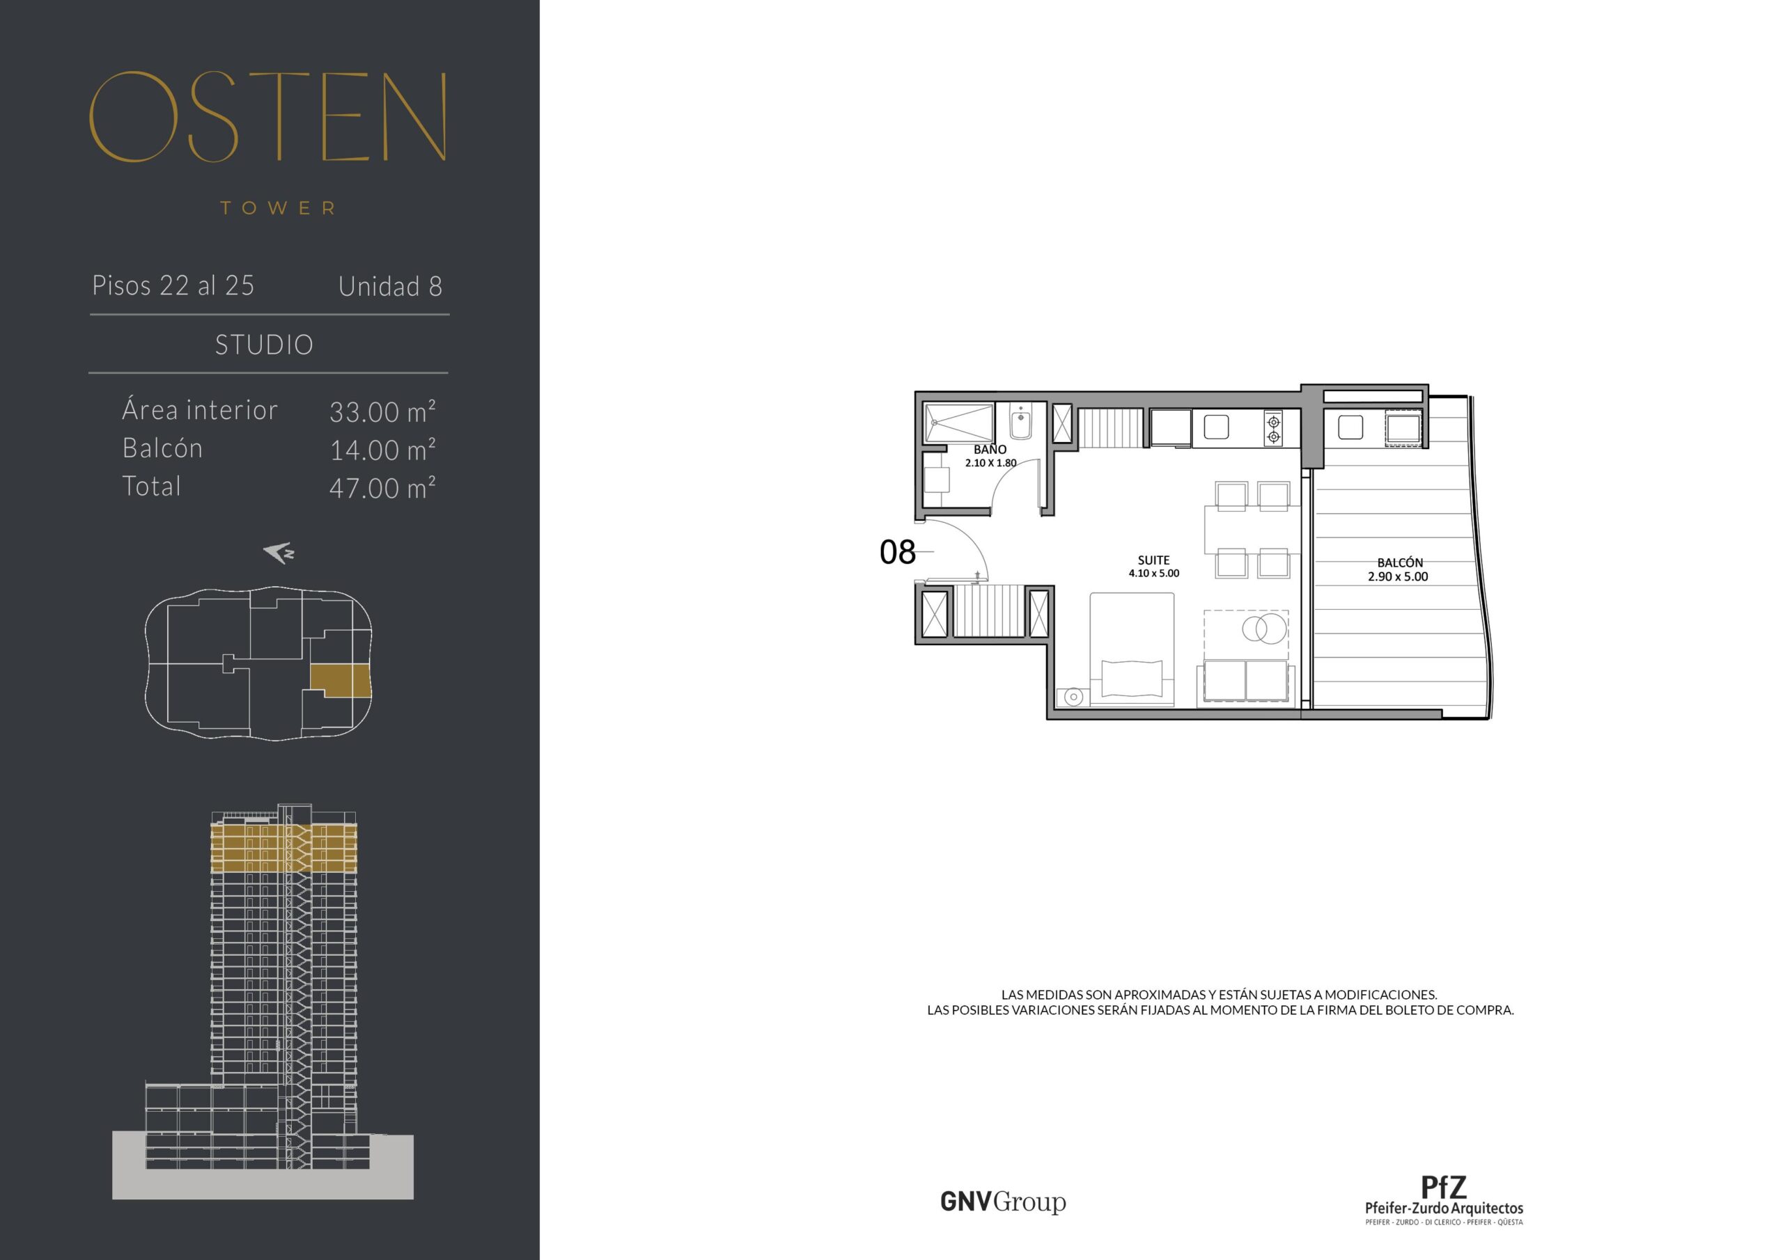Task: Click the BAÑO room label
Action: click(x=990, y=450)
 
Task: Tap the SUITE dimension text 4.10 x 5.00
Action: click(x=1154, y=574)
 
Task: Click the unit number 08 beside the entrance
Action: click(x=898, y=552)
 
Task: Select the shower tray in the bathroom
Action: click(x=959, y=423)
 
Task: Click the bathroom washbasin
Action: click(x=1020, y=424)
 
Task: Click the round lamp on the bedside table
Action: click(x=1074, y=697)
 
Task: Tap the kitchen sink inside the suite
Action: click(x=1216, y=427)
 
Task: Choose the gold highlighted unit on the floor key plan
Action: click(x=341, y=681)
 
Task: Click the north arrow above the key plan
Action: click(x=278, y=553)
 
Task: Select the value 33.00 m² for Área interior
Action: click(x=382, y=411)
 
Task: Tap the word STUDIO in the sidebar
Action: click(x=264, y=345)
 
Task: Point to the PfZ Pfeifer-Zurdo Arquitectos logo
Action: click(x=1444, y=1200)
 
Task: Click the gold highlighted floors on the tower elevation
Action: click(x=284, y=848)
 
